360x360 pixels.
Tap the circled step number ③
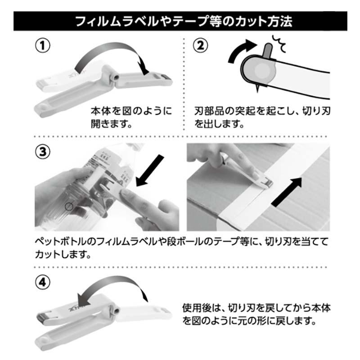pos(42,151)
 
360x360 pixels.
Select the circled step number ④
pos(42,283)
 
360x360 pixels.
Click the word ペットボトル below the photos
pos(58,242)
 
